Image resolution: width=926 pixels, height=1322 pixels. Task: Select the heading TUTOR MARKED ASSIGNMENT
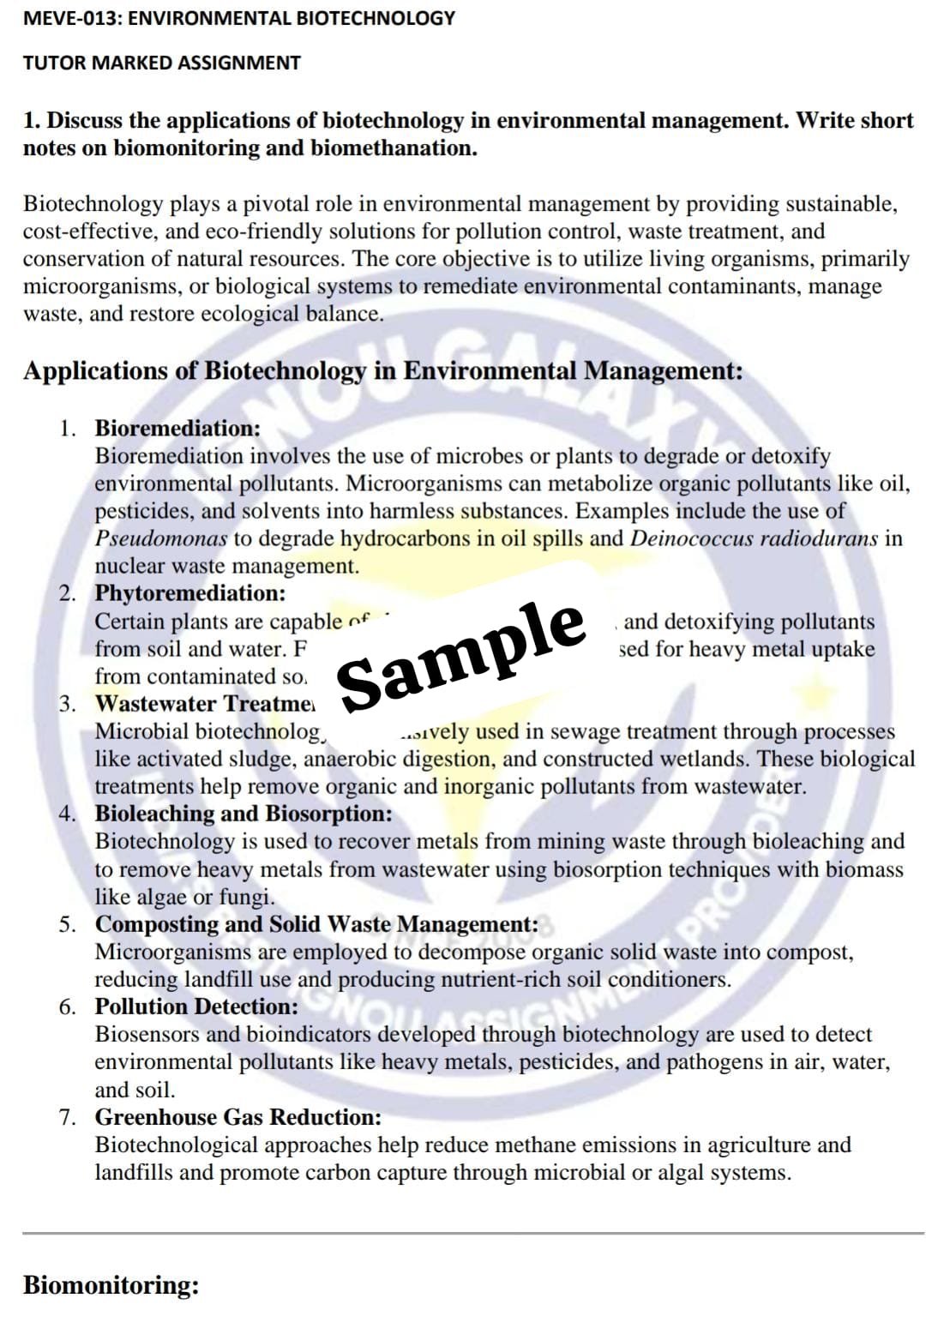coord(161,63)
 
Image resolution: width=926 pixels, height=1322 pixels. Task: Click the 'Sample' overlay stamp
coord(463,656)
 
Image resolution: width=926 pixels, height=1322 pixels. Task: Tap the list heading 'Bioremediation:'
coord(177,428)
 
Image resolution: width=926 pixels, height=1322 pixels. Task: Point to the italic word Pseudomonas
coord(161,538)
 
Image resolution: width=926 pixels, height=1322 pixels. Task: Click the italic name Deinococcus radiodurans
coord(754,538)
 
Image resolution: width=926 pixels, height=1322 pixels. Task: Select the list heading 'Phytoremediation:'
coord(190,592)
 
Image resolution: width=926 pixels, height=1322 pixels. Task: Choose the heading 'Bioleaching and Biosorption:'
coord(244,813)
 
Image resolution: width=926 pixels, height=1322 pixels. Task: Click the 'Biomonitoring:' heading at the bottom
coord(111,1284)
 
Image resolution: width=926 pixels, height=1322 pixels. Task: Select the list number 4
coord(67,813)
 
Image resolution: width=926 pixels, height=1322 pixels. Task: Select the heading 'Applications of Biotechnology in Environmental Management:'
coord(382,371)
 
